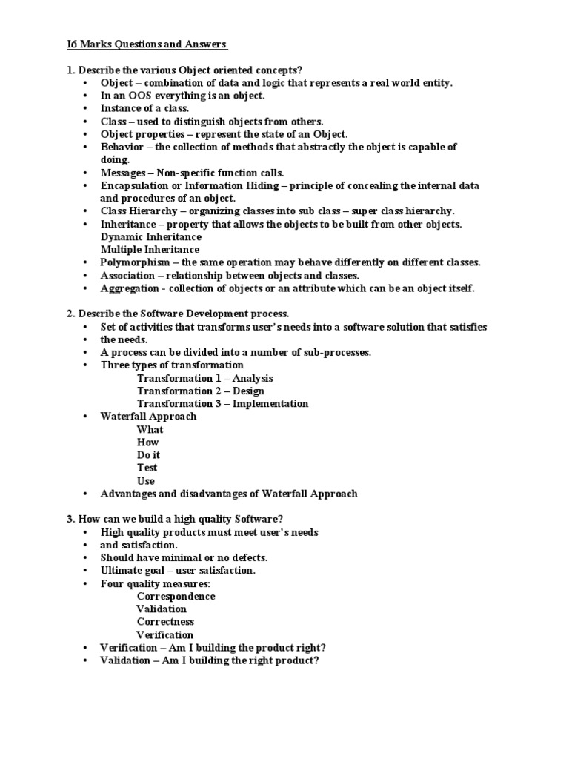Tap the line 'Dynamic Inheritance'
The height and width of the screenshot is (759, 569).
click(151, 236)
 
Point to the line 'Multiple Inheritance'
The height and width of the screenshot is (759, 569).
click(150, 250)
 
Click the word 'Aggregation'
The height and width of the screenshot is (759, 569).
click(130, 288)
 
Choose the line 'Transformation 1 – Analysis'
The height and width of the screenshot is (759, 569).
click(205, 378)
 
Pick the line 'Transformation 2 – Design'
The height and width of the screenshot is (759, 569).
click(200, 391)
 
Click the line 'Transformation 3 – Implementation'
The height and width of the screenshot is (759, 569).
click(222, 403)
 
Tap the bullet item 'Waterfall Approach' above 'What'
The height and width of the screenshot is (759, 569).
click(148, 417)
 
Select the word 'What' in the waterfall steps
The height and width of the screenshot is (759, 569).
click(150, 429)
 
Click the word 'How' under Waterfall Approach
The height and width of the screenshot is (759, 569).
click(148, 443)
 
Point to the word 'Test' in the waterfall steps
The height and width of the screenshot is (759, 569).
click(147, 468)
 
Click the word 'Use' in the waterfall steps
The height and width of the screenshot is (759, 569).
click(146, 481)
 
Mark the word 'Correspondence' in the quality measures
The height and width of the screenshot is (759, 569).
click(176, 596)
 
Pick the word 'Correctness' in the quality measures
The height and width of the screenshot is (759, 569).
click(166, 622)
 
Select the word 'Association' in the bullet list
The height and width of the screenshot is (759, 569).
click(129, 275)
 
